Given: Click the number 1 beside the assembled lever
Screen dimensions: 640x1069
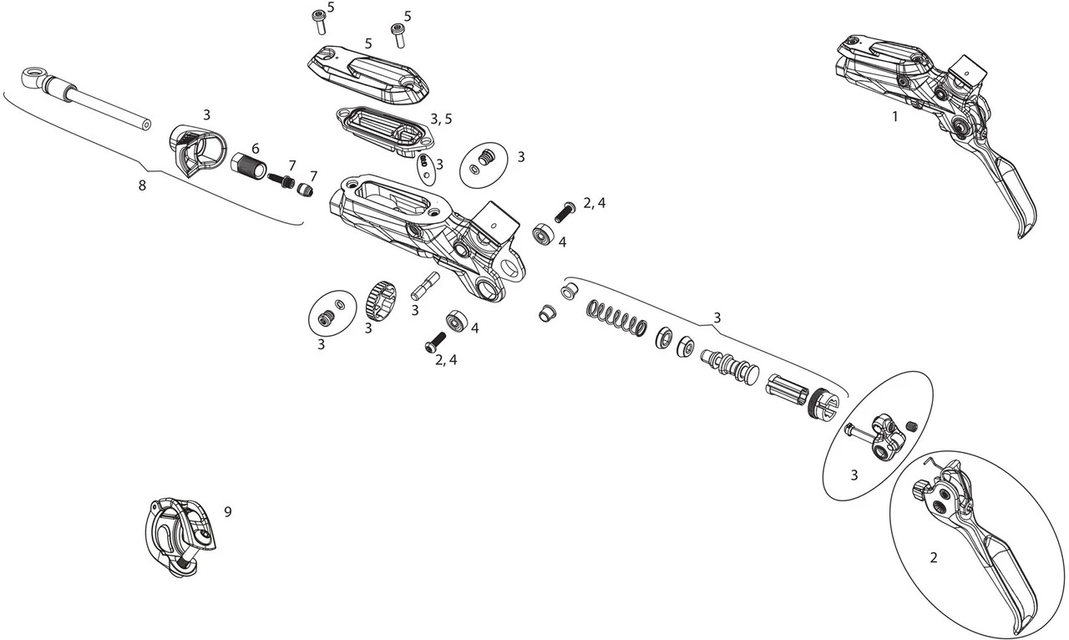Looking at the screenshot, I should click(x=894, y=117).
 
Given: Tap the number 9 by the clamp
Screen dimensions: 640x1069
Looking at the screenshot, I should click(x=227, y=512).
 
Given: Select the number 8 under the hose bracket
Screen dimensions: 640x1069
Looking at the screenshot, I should click(x=142, y=185).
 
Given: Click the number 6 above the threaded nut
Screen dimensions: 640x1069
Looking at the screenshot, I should click(x=256, y=148).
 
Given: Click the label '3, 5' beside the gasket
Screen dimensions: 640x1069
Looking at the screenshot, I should click(x=441, y=119).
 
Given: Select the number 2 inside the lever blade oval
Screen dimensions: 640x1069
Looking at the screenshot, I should click(x=934, y=557).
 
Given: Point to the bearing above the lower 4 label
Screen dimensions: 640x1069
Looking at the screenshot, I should click(x=457, y=319).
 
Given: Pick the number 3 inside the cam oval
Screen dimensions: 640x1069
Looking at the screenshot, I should click(x=854, y=475).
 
